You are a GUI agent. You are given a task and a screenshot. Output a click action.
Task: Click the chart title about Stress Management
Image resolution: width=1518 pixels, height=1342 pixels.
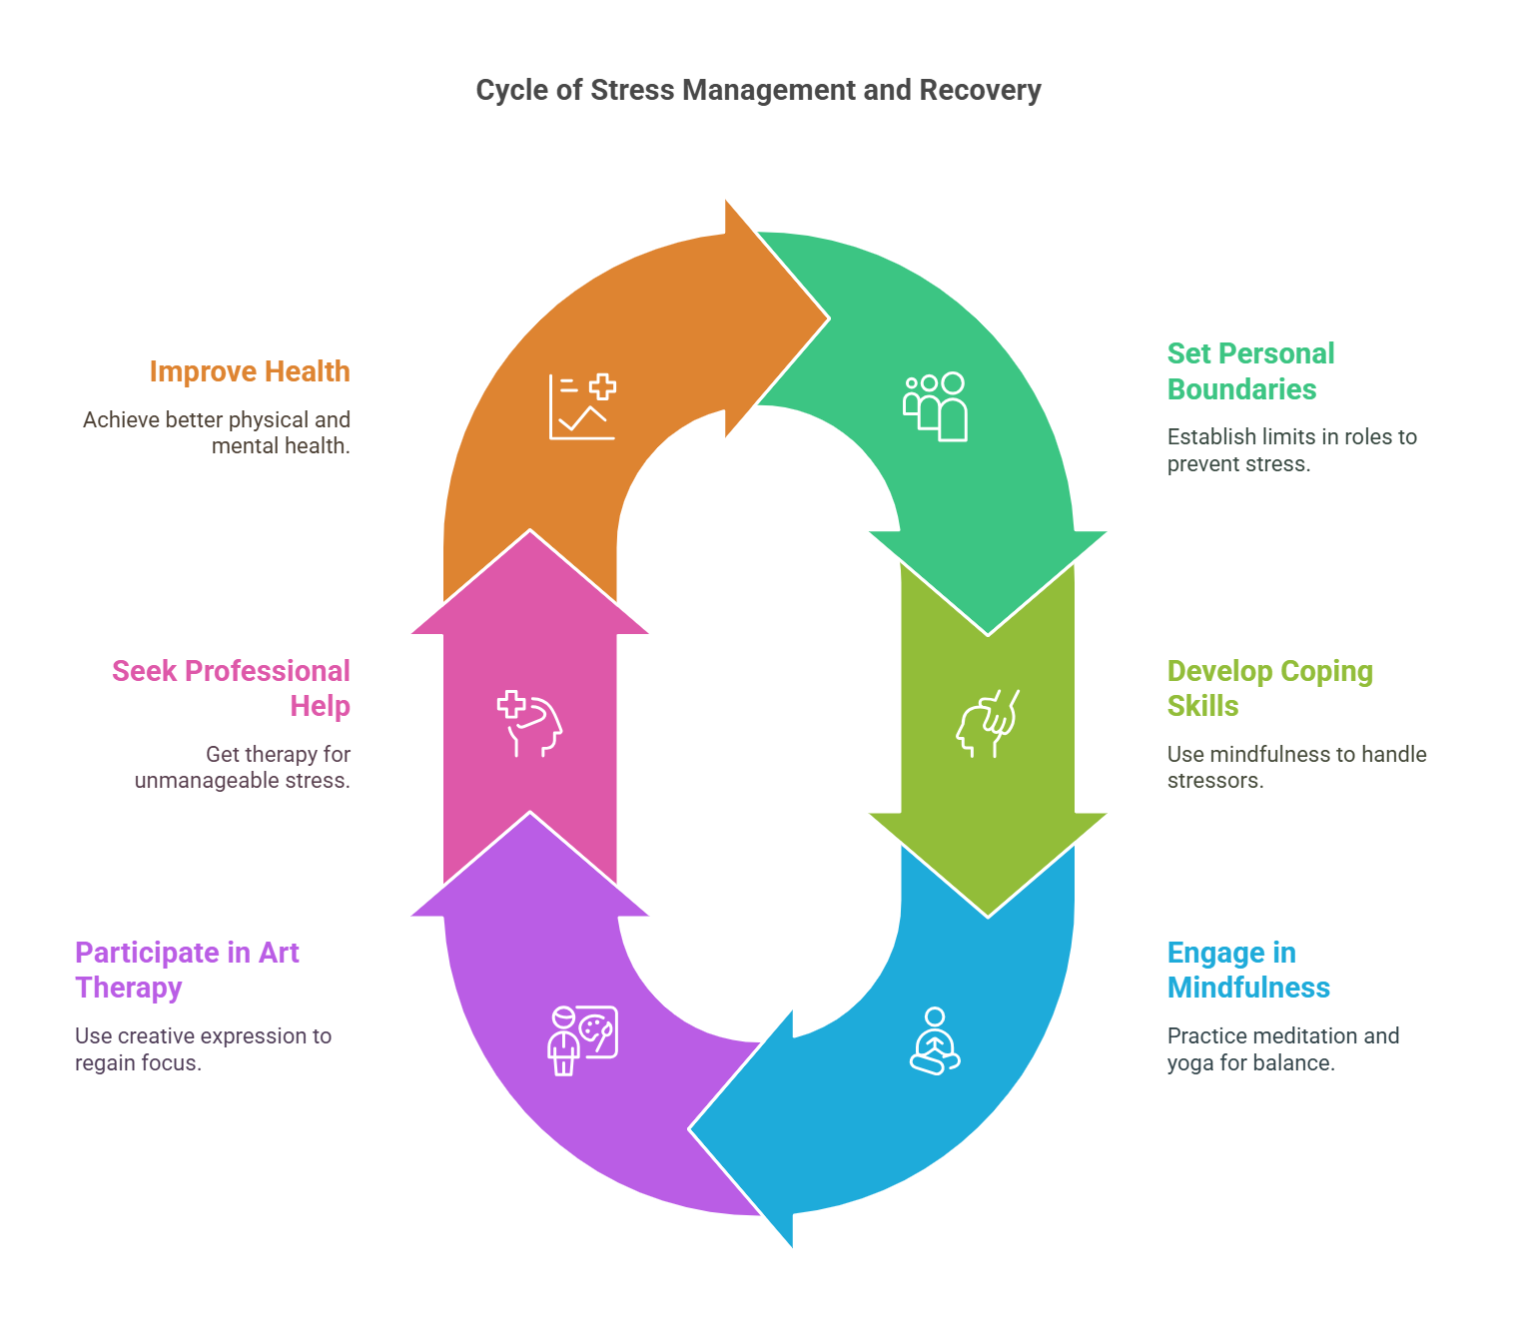click(x=758, y=91)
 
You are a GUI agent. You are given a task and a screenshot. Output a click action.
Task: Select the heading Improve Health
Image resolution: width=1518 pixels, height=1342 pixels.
click(x=250, y=371)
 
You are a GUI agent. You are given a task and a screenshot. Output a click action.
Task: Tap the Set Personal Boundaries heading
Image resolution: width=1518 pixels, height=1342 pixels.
click(x=1250, y=371)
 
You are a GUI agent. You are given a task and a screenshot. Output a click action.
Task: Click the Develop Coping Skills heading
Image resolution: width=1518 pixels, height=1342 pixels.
click(x=1269, y=688)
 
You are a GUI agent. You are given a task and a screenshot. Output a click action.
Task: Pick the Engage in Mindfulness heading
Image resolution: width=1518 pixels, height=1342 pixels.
click(x=1248, y=970)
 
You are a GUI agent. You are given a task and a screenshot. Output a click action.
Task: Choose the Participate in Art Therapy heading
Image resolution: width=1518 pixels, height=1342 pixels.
click(x=187, y=970)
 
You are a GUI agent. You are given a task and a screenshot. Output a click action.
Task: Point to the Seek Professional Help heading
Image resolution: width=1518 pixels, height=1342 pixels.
click(x=232, y=688)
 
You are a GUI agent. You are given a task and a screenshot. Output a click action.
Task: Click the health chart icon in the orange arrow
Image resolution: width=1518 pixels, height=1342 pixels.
click(x=582, y=406)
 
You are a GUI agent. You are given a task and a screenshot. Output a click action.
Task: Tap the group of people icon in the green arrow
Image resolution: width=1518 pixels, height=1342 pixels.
click(x=935, y=406)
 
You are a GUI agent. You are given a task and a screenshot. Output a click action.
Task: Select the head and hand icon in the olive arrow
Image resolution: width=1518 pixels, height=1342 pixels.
click(x=988, y=723)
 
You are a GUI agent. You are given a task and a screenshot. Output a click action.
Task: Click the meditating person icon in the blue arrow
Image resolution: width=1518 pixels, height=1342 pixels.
click(x=935, y=1040)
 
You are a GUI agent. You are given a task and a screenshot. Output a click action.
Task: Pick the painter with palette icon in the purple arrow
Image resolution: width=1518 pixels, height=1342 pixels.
click(x=582, y=1040)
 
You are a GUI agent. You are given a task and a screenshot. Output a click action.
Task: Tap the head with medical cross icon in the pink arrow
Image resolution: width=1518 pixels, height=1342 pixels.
click(x=529, y=723)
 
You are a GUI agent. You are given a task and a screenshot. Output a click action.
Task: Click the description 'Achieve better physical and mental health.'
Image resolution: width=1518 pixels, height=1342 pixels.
click(x=217, y=432)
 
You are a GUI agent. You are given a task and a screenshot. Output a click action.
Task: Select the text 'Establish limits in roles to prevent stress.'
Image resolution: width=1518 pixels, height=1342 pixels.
click(x=1291, y=450)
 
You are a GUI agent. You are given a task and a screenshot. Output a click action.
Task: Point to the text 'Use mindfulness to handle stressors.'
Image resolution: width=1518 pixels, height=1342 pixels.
click(x=1296, y=767)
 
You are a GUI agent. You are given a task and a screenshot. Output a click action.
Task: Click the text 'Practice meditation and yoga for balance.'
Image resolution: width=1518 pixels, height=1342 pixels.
click(x=1282, y=1049)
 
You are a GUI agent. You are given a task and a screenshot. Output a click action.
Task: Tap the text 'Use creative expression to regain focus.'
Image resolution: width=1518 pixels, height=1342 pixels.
click(x=203, y=1049)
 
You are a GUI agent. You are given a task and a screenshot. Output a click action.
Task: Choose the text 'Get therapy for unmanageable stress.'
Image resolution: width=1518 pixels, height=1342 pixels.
click(x=243, y=767)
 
